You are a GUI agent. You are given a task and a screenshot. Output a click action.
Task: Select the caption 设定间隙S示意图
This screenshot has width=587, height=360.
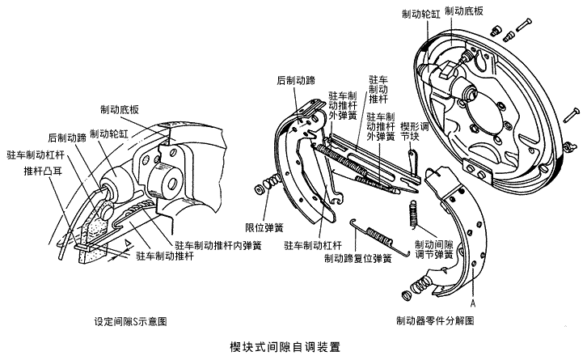click(x=131, y=320)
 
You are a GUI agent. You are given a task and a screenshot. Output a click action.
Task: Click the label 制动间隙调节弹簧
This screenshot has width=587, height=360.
click(x=433, y=248)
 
